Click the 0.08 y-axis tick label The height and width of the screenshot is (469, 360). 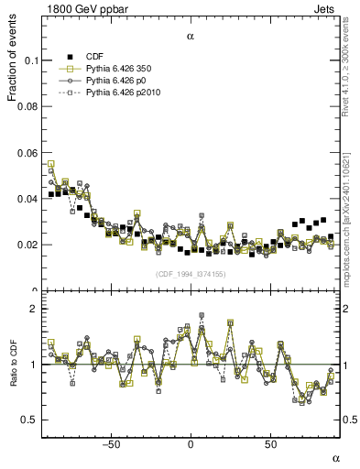pyautogui.click(x=25, y=106)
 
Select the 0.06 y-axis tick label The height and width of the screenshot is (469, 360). pyautogui.click(x=25, y=153)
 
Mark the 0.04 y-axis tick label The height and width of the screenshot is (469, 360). pyautogui.click(x=25, y=199)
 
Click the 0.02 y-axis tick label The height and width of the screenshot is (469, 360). pyautogui.click(x=25, y=245)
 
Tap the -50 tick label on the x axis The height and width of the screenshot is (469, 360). pyautogui.click(x=111, y=444)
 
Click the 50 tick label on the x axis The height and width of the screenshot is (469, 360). pyautogui.click(x=270, y=444)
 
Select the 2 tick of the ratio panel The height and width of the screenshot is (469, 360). pyautogui.click(x=32, y=309)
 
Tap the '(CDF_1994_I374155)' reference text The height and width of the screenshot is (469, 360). pyautogui.click(x=190, y=274)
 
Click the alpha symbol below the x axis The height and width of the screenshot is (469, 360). pyautogui.click(x=335, y=457)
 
